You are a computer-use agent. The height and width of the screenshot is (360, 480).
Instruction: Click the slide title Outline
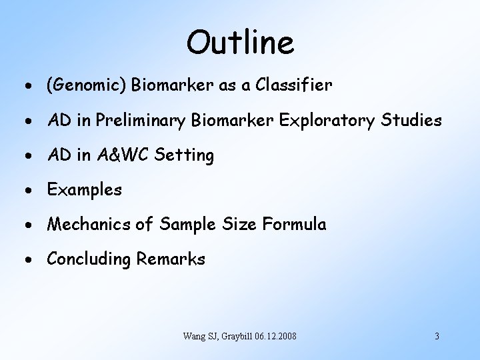tap(240, 43)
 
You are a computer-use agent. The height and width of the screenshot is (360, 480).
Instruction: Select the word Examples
tap(84, 191)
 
